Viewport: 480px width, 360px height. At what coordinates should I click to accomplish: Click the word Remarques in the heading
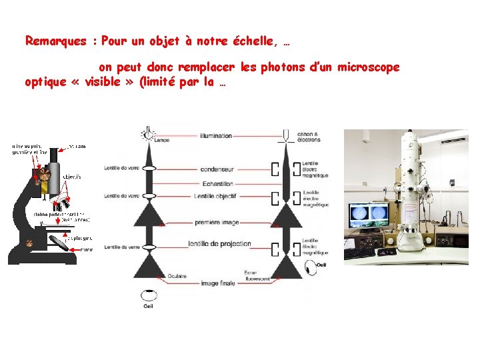56,41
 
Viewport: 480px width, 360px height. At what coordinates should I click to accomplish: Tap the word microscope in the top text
369,67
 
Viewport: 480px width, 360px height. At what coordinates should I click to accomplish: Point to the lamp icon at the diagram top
147,134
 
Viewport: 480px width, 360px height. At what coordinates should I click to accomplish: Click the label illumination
216,136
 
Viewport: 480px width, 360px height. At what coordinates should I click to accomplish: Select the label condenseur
217,169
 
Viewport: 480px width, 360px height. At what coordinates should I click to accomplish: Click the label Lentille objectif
215,196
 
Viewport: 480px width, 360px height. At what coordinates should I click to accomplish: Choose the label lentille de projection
219,243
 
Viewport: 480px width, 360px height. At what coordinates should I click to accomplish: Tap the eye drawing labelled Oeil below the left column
147,293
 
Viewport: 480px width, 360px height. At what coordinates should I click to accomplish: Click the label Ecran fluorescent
258,275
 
